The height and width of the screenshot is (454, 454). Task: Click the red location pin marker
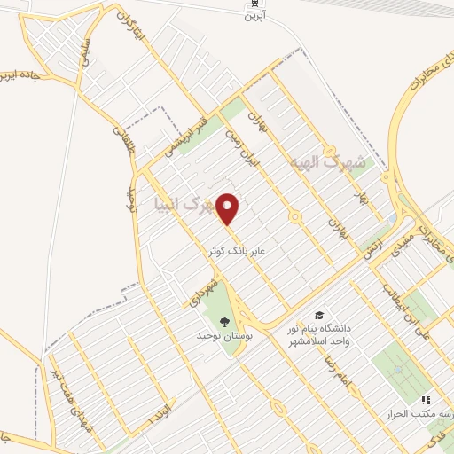pyautogui.click(x=229, y=209)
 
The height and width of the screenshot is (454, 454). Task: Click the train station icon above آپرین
pyautogui.click(x=254, y=5)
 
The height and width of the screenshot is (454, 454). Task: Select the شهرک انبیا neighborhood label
pyautogui.click(x=184, y=206)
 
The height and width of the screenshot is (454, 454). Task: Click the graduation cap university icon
pyautogui.click(x=317, y=316)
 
